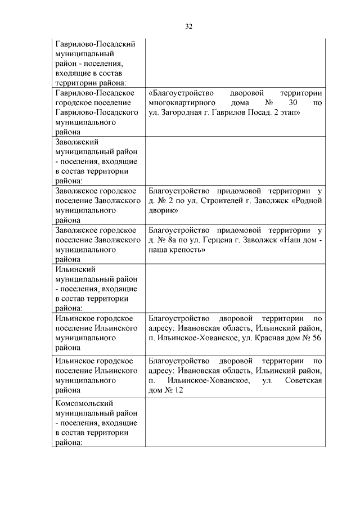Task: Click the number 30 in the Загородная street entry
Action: pyautogui.click(x=291, y=103)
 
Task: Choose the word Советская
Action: pyautogui.click(x=303, y=381)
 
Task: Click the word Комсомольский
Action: pyautogui.click(x=84, y=404)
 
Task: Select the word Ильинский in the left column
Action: pyautogui.click(x=76, y=269)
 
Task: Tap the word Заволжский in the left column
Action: pyautogui.click(x=78, y=143)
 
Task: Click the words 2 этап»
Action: pyautogui.click(x=287, y=112)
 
